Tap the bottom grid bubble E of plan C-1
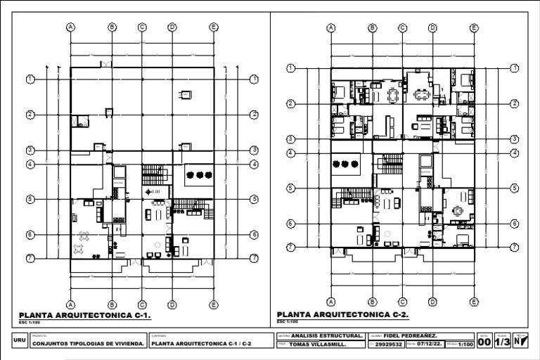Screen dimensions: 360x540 214,304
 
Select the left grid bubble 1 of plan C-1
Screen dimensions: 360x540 30,79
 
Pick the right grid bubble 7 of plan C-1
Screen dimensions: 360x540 253,258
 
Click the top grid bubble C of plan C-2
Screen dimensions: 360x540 402,28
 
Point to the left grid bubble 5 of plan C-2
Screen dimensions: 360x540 290,188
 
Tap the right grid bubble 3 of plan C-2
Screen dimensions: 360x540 514,139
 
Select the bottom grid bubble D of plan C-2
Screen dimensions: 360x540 432,301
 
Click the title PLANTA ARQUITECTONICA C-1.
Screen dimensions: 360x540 84,316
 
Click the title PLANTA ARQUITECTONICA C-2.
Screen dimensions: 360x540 343,314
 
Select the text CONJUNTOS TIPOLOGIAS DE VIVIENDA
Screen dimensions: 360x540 89,345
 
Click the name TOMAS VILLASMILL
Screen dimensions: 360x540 326,345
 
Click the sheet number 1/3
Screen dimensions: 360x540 502,342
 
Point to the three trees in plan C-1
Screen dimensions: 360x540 199,174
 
